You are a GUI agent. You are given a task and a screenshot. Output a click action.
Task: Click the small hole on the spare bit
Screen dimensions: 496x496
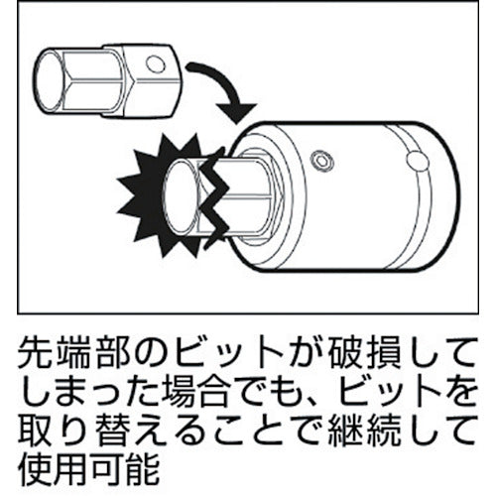tap(151, 66)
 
